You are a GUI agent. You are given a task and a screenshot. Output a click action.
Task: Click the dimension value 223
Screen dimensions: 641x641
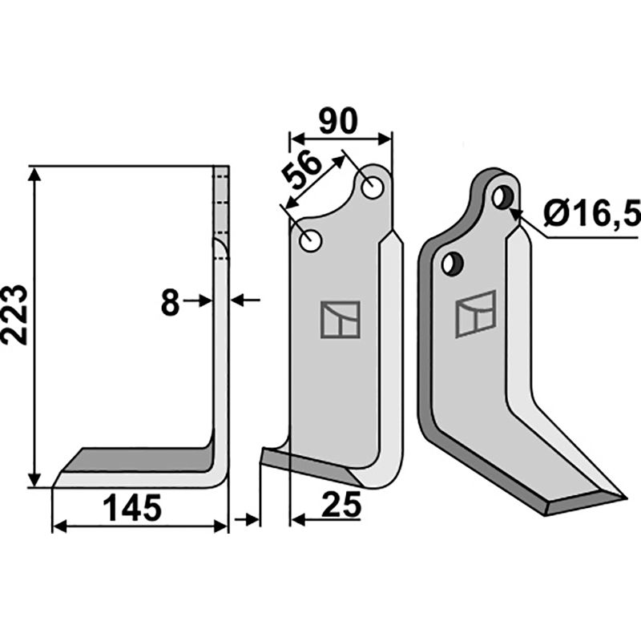pyautogui.click(x=18, y=314)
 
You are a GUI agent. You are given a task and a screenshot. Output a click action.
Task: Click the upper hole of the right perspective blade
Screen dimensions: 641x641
pyautogui.click(x=502, y=196)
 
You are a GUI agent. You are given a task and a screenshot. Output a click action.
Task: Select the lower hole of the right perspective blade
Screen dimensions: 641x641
pyautogui.click(x=453, y=262)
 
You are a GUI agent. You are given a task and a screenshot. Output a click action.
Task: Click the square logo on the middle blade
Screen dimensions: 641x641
pyautogui.click(x=340, y=319)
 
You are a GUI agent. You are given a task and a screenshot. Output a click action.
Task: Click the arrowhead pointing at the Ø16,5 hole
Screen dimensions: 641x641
pyautogui.click(x=517, y=212)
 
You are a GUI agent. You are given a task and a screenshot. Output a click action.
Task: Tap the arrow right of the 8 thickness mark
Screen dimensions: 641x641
pyautogui.click(x=244, y=300)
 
